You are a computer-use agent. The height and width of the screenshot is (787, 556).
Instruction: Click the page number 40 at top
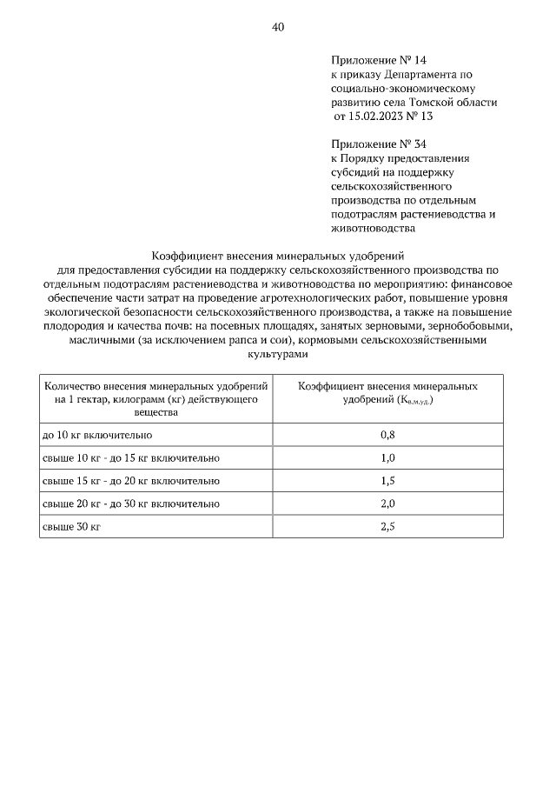pos(278,27)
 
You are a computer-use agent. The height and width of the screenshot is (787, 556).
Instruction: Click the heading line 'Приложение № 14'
pos(380,60)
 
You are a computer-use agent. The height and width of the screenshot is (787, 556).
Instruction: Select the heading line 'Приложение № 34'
pos(380,143)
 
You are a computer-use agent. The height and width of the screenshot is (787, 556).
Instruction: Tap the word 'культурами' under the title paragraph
pos(278,355)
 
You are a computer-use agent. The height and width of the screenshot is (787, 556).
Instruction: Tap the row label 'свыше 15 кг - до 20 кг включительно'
pos(131,480)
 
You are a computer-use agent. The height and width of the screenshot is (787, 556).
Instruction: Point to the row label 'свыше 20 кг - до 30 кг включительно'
pos(131,504)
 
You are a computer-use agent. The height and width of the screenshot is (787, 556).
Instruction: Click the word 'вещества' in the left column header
pos(156,410)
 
